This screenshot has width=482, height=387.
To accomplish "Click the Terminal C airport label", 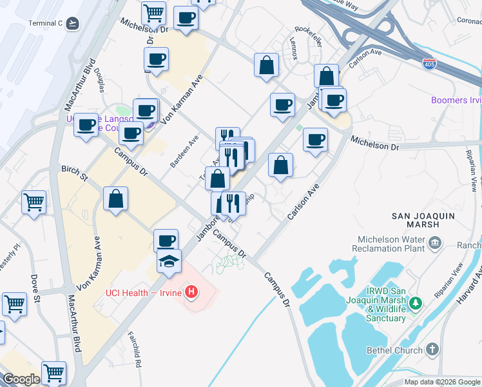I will tap(45, 23).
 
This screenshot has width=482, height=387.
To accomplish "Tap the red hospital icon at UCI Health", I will tap(191, 293).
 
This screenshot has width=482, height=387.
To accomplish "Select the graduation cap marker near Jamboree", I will tap(169, 261).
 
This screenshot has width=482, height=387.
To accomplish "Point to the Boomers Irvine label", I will tap(456, 100).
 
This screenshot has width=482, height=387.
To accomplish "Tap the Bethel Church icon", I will tap(432, 349).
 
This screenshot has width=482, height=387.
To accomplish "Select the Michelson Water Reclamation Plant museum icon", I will tap(435, 242).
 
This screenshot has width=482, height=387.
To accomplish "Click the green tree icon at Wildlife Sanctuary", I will tap(416, 301).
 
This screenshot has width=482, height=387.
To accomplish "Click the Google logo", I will tap(21, 379).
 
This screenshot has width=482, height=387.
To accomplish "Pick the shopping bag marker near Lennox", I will tap(266, 64).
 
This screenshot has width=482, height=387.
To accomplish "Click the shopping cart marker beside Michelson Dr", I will tap(153, 12).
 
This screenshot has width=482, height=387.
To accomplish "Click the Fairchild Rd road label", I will tap(134, 350).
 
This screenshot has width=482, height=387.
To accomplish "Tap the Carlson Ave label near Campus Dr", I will tap(304, 201).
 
